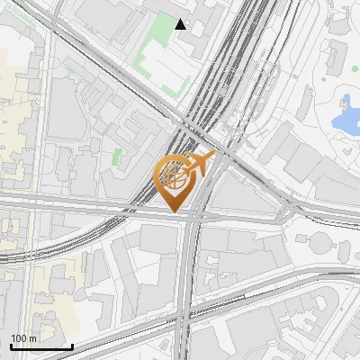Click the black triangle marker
pos(181,24)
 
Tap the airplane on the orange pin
pos(200,163)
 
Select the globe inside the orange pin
pos(175,175)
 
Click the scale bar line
pos(41,346)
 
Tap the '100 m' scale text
pos(24,338)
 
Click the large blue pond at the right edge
pos(345,114)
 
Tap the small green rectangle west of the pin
pos(116,156)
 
